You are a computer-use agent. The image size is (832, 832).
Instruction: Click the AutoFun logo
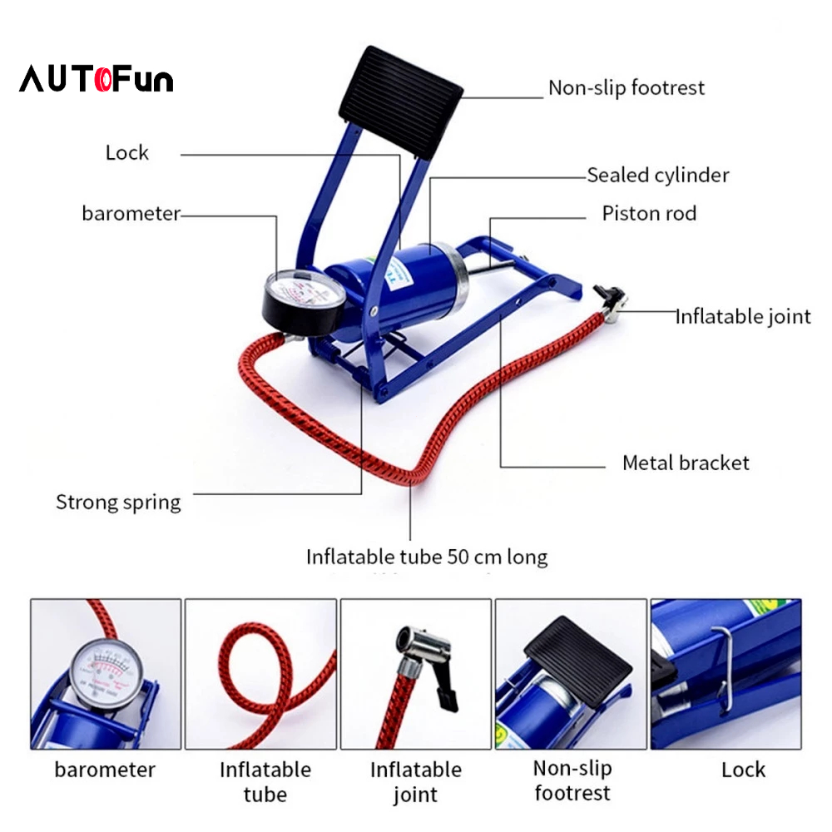pyautogui.click(x=97, y=80)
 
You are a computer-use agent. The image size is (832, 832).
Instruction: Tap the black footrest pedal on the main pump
pyautogui.click(x=399, y=100)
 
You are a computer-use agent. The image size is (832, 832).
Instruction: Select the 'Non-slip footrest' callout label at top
pyautogui.click(x=626, y=87)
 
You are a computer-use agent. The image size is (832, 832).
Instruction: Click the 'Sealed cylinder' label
pyautogui.click(x=657, y=175)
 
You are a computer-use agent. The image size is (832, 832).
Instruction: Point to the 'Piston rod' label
pyautogui.click(x=649, y=214)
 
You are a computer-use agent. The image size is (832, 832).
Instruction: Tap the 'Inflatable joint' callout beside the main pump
pyautogui.click(x=742, y=316)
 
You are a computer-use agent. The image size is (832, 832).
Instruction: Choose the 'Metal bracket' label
pyautogui.click(x=686, y=463)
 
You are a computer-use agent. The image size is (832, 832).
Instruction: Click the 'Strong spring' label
pyautogui.click(x=118, y=502)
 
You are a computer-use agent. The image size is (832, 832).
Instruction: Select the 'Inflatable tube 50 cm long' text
pyautogui.click(x=427, y=556)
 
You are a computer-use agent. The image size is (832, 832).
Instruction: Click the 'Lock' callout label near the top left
pyautogui.click(x=127, y=152)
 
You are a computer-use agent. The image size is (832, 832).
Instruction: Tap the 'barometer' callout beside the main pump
pyautogui.click(x=131, y=213)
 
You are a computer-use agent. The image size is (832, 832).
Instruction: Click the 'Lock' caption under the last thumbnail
pyautogui.click(x=743, y=770)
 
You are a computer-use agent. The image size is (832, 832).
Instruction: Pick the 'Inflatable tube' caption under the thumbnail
pyautogui.click(x=265, y=782)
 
